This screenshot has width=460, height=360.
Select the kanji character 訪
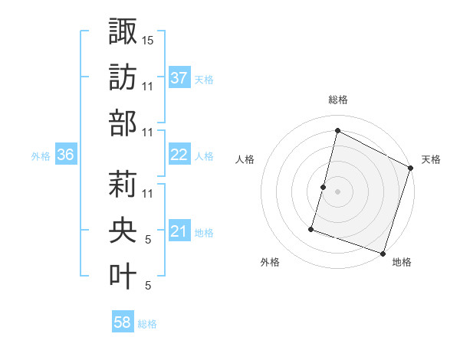(123, 77)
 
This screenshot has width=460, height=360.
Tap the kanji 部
(123, 123)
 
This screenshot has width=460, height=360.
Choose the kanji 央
(123, 231)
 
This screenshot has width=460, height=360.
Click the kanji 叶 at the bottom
(123, 277)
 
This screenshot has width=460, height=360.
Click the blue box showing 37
(179, 77)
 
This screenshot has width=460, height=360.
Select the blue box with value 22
(179, 154)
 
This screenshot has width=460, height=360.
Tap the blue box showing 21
(179, 231)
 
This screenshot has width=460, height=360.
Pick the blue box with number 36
(66, 155)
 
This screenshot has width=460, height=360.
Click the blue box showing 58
(123, 322)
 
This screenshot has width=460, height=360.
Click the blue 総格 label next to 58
(147, 324)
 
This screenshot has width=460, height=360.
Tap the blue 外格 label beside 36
(41, 156)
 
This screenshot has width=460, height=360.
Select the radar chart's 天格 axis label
(431, 159)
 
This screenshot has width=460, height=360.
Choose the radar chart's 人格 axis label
(245, 159)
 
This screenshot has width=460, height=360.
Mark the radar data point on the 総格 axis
(337, 131)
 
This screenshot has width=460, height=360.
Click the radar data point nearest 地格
(383, 253)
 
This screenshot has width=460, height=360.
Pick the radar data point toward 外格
(311, 228)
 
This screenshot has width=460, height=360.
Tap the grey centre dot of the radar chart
(337, 191)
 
